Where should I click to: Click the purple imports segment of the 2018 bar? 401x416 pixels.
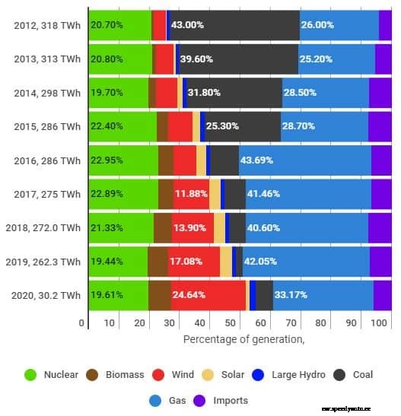(x=380, y=227)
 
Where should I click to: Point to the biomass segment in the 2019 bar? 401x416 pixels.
(x=158, y=262)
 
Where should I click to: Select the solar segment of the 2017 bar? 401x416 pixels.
(x=215, y=194)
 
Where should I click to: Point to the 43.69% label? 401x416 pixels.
(x=258, y=160)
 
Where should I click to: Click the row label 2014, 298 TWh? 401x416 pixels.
(x=46, y=93)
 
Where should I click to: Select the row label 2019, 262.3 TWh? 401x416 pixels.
(x=43, y=262)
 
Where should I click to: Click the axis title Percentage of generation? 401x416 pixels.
(x=243, y=338)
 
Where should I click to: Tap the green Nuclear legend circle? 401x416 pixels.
(x=31, y=374)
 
